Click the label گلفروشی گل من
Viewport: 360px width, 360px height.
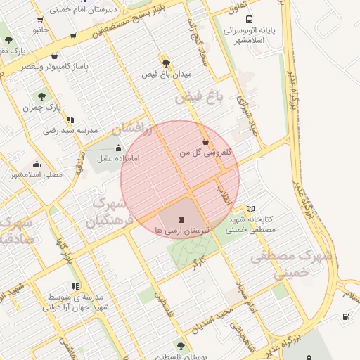pyautogui.click(x=206, y=152)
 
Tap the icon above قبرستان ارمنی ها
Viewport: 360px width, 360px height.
pyautogui.click(x=173, y=219)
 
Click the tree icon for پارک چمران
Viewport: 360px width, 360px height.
pyautogui.click(x=41, y=97)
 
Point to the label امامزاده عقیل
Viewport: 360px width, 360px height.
pyautogui.click(x=115, y=159)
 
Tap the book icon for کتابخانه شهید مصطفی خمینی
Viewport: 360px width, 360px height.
pyautogui.click(x=251, y=210)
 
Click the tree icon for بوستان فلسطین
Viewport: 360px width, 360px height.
pyautogui.click(x=181, y=346)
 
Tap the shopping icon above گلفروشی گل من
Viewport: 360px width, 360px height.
pyautogui.click(x=205, y=141)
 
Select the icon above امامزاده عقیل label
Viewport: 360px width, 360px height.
pyautogui.click(x=117, y=148)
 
